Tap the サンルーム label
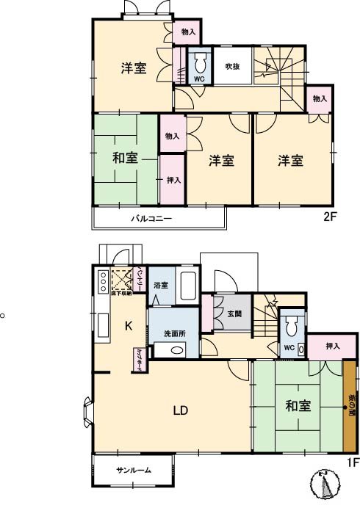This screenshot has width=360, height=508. click(x=133, y=471)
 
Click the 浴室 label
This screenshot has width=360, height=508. click(x=161, y=285)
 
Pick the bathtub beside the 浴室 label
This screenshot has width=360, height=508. click(x=187, y=286)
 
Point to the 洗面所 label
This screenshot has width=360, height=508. click(x=174, y=333)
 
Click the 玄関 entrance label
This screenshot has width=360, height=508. click(x=234, y=314)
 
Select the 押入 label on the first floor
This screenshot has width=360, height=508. click(x=332, y=345)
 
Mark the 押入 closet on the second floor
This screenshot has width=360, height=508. click(x=172, y=180)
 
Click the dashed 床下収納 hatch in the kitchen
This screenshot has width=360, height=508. click(x=120, y=280)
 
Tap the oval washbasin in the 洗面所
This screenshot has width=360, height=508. click(x=176, y=349)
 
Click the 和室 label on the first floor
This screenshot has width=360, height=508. click(x=298, y=405)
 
